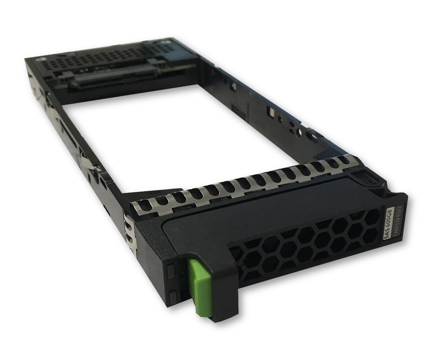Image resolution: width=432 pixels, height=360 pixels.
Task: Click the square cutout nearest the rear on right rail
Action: [x=234, y=87]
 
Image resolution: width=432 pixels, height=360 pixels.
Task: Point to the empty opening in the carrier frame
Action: [x=173, y=138]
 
